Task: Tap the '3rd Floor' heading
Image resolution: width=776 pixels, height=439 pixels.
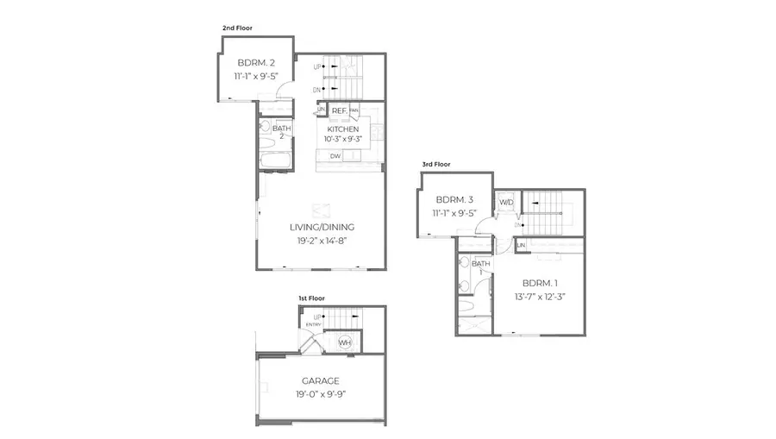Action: [x=435, y=164]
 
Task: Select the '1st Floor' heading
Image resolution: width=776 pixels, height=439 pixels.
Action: [x=312, y=298]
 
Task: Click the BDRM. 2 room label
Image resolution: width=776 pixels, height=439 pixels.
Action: [x=257, y=62]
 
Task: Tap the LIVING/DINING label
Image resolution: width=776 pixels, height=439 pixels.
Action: [x=322, y=227]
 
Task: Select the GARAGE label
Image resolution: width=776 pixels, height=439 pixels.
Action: [x=320, y=380]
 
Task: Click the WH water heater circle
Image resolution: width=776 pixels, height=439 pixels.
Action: [x=345, y=342]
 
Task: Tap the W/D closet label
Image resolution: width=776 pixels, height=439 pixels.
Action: [x=506, y=204]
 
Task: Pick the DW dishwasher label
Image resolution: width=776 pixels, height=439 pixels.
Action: [x=335, y=156]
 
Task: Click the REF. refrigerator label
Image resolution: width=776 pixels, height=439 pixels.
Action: [x=339, y=110]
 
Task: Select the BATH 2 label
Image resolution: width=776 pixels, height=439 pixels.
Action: [x=281, y=132]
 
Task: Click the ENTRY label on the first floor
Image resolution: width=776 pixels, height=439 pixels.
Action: [x=313, y=324]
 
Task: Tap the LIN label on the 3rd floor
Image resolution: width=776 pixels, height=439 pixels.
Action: [x=521, y=247]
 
